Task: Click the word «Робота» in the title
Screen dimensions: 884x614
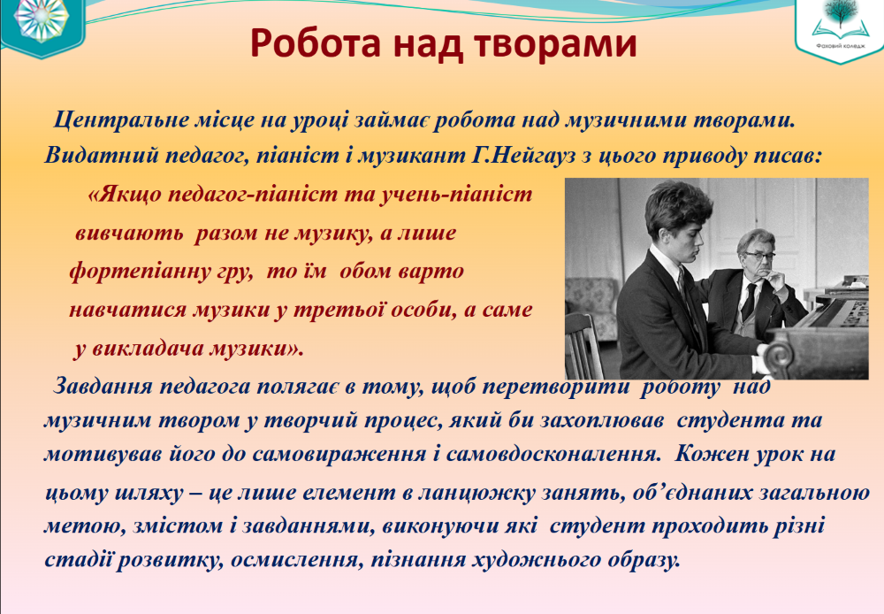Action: coord(316,42)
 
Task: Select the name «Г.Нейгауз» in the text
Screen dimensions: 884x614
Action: coord(522,155)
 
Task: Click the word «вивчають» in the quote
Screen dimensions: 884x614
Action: coord(129,233)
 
